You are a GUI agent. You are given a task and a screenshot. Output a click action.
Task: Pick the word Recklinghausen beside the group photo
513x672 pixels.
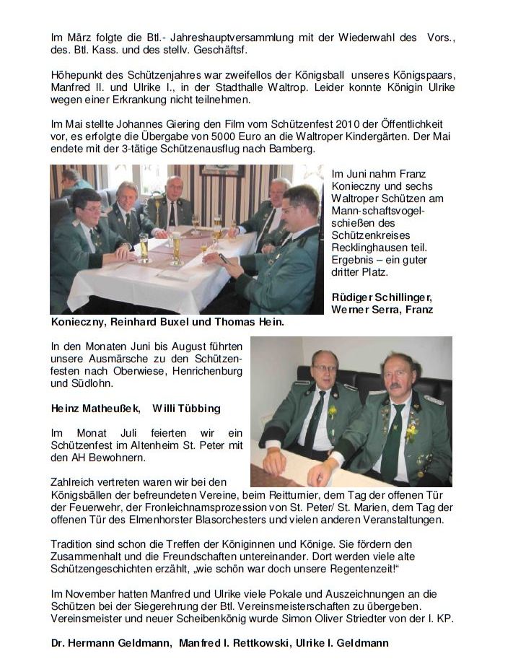coord(365,248)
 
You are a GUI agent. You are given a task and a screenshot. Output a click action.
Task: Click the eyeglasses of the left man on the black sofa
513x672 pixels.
coord(325,368)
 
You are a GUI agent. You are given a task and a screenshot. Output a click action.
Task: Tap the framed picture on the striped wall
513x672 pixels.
coord(222,170)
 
